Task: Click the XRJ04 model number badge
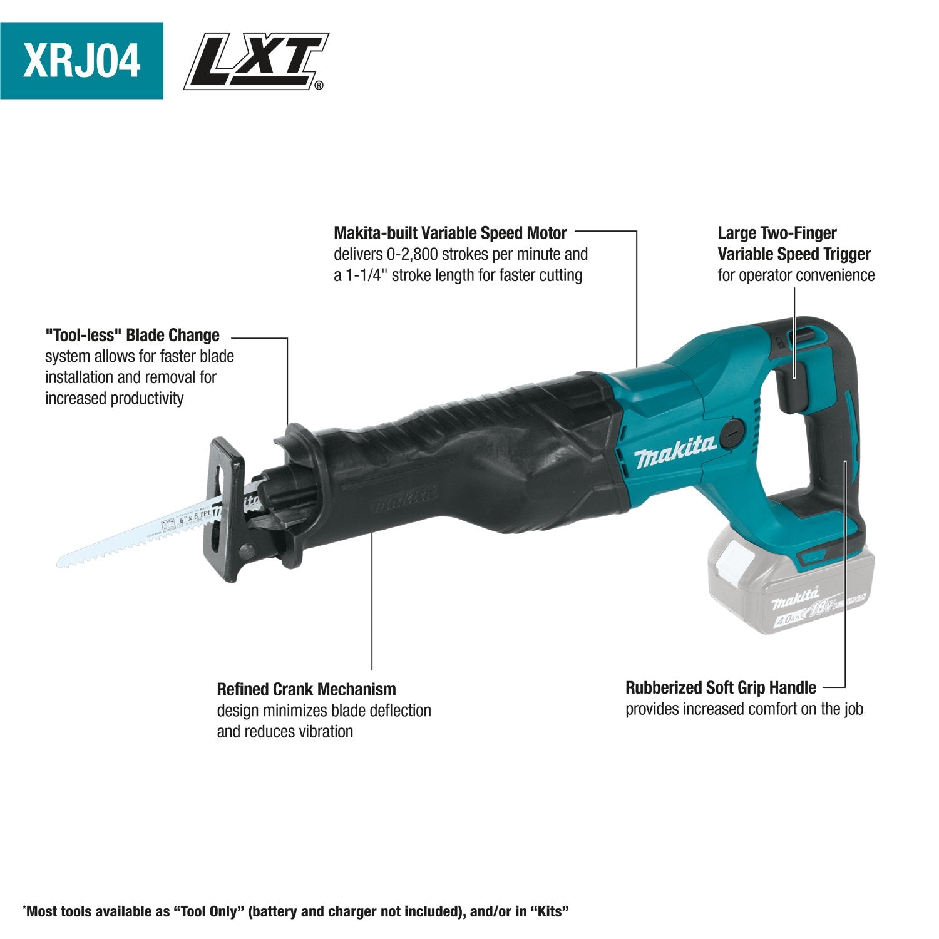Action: (81, 61)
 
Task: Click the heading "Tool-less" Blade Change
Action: (132, 335)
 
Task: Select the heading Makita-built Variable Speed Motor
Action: (450, 233)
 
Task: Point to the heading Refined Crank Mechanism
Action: (306, 689)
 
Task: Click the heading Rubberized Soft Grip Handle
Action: (721, 688)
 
